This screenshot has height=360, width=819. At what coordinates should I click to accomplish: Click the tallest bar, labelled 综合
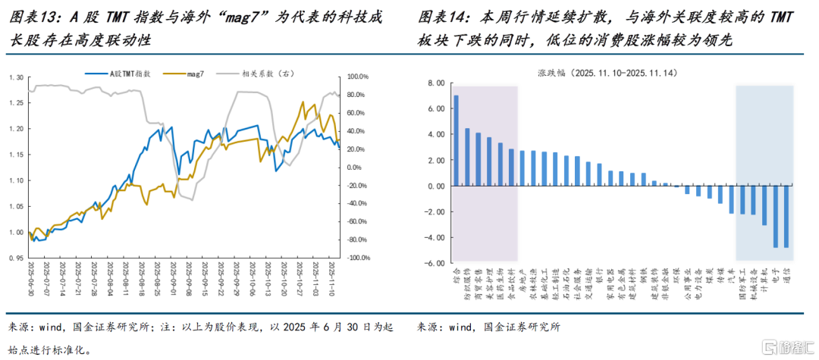(456, 140)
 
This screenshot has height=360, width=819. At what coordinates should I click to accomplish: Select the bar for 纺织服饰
(467, 157)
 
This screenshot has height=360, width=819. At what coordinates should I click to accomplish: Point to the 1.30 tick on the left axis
(17, 77)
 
